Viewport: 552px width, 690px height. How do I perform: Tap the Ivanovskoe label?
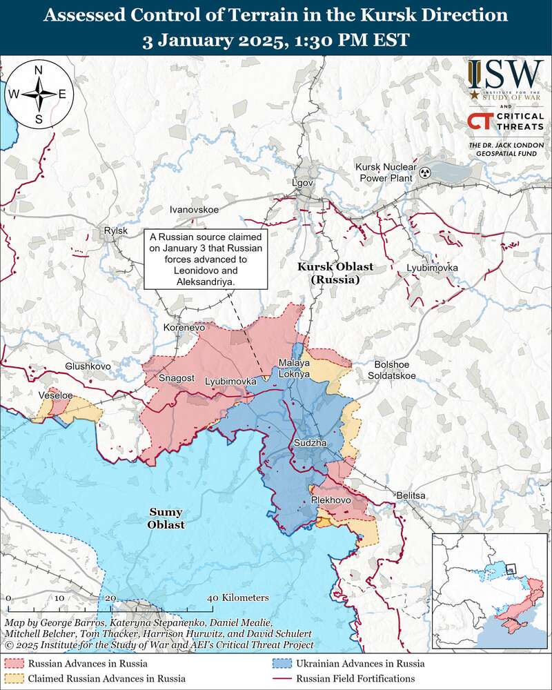pos(194,208)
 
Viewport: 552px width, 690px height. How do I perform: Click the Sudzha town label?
pos(308,442)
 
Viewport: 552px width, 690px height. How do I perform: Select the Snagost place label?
pos(177,377)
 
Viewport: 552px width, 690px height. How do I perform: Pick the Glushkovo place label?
pos(86,366)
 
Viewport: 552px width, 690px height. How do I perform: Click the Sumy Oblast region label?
pos(166,518)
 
